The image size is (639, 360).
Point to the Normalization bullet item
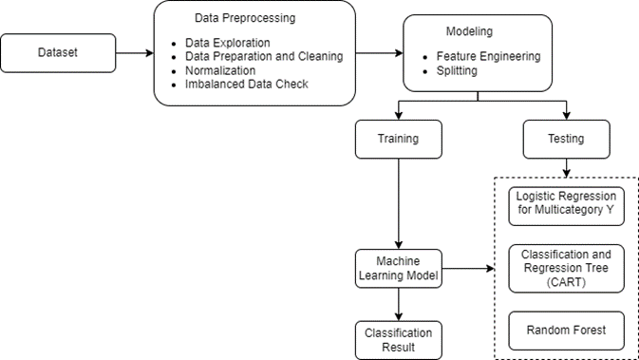(x=222, y=70)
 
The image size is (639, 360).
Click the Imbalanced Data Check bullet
(x=247, y=84)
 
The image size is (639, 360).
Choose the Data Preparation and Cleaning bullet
(x=260, y=57)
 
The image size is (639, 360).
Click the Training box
(x=399, y=139)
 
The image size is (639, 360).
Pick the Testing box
(x=567, y=139)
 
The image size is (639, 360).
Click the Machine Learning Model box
(x=399, y=268)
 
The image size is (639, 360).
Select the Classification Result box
(x=399, y=340)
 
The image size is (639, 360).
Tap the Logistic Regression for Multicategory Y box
(x=567, y=204)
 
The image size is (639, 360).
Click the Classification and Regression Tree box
(x=567, y=268)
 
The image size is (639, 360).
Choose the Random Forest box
(x=567, y=331)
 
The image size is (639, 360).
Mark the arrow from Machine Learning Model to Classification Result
(x=399, y=304)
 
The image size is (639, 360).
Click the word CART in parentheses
(x=567, y=281)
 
